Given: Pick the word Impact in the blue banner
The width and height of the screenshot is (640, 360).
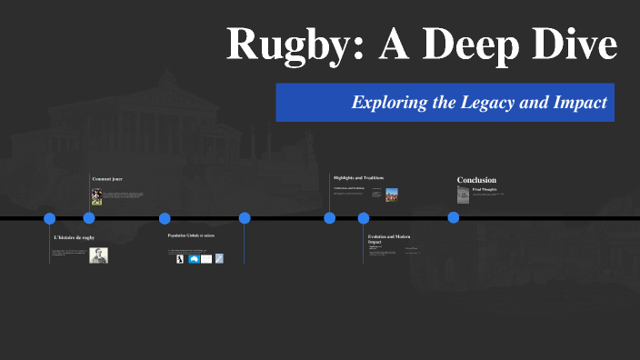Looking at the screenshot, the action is point(579,103).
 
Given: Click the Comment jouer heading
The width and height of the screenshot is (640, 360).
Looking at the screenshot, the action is point(107,179).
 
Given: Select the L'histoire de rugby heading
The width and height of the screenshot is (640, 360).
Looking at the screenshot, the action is point(74,237).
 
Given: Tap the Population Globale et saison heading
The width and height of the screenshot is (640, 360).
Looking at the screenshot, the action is point(191,235).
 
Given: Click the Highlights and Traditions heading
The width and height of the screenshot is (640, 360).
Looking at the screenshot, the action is point(358,177).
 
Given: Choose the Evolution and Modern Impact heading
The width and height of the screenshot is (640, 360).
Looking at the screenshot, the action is point(388,239).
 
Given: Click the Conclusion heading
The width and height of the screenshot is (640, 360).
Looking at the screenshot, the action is point(476,180).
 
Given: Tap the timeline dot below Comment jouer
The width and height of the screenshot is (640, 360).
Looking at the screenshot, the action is point(89,218).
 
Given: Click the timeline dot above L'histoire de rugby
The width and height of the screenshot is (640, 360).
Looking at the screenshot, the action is point(50,218).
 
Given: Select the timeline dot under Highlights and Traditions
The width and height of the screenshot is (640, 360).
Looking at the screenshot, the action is point(329,218).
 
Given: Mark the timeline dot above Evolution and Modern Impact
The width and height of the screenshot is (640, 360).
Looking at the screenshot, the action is point(364,218).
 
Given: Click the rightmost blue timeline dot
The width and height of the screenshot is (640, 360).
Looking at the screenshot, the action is point(453,218).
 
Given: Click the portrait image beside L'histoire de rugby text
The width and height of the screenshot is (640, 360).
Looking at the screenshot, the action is point(98,255).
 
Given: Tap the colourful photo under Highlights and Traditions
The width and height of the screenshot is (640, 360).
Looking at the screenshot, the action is point(391,194).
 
